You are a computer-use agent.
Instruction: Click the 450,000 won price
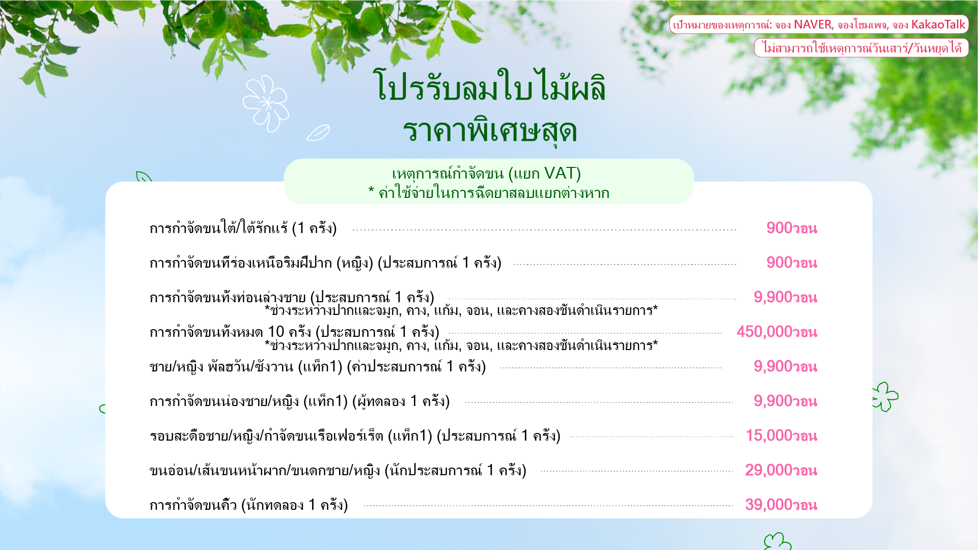click(x=777, y=332)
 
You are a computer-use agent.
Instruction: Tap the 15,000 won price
click(x=781, y=436)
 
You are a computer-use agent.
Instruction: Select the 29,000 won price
click(x=781, y=471)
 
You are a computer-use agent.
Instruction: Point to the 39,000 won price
click(x=781, y=505)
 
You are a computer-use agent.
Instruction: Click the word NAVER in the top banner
click(x=813, y=24)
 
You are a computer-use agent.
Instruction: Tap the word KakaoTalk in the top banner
click(x=938, y=24)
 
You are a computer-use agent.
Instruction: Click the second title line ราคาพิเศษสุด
click(x=490, y=131)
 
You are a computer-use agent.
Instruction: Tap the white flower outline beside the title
click(x=266, y=103)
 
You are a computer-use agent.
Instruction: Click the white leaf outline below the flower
click(x=318, y=133)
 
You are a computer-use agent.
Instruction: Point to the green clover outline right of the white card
click(x=885, y=396)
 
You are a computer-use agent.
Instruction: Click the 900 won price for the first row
click(x=792, y=228)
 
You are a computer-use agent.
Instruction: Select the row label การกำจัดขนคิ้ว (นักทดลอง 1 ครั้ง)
click(x=249, y=505)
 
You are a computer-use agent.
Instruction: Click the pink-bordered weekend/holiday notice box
click(x=861, y=48)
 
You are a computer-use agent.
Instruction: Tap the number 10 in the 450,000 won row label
click(x=276, y=332)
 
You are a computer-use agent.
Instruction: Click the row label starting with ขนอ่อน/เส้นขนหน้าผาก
click(x=338, y=471)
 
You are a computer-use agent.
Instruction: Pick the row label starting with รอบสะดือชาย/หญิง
click(x=355, y=436)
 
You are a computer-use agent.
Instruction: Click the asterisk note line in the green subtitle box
click(x=489, y=193)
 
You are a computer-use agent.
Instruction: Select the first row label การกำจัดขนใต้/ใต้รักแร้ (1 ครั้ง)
click(x=243, y=228)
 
